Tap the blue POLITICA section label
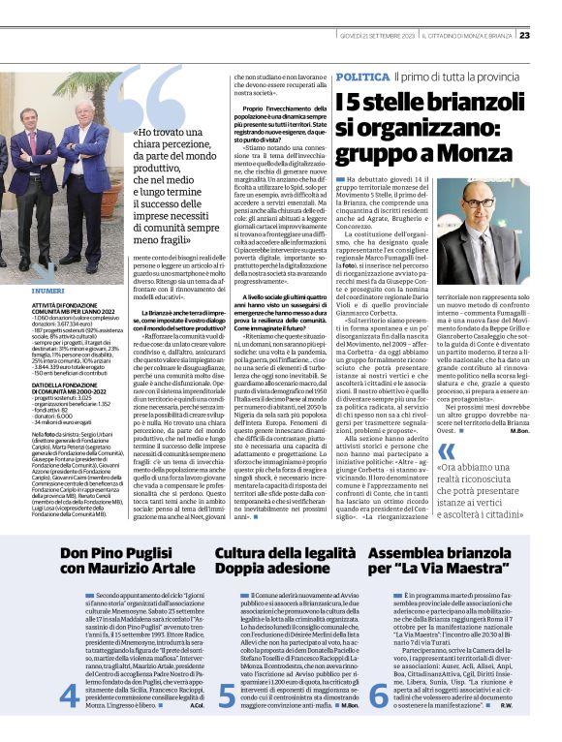(363, 76)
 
